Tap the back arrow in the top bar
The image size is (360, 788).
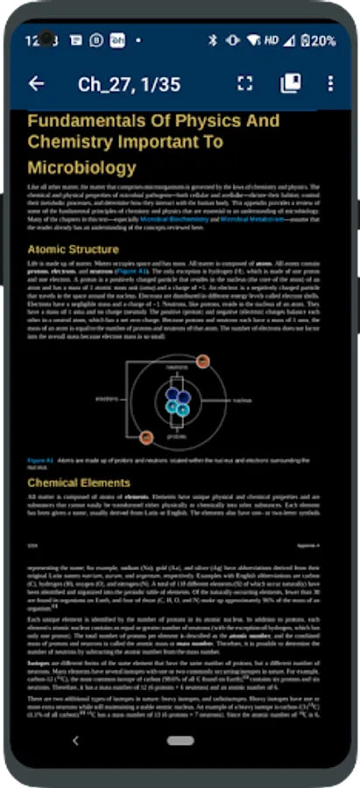pyautogui.click(x=36, y=84)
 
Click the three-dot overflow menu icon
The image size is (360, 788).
pyautogui.click(x=330, y=84)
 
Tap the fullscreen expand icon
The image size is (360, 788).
pyautogui.click(x=245, y=84)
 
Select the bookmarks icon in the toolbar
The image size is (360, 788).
pyautogui.click(x=290, y=84)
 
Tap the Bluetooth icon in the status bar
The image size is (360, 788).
pyautogui.click(x=212, y=40)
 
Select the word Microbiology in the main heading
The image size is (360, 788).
pyautogui.click(x=81, y=167)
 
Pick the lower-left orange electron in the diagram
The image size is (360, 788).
pyautogui.click(x=147, y=436)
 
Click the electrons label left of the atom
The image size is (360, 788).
pyautogui.click(x=108, y=399)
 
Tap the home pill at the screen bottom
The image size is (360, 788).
pyautogui.click(x=180, y=741)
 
